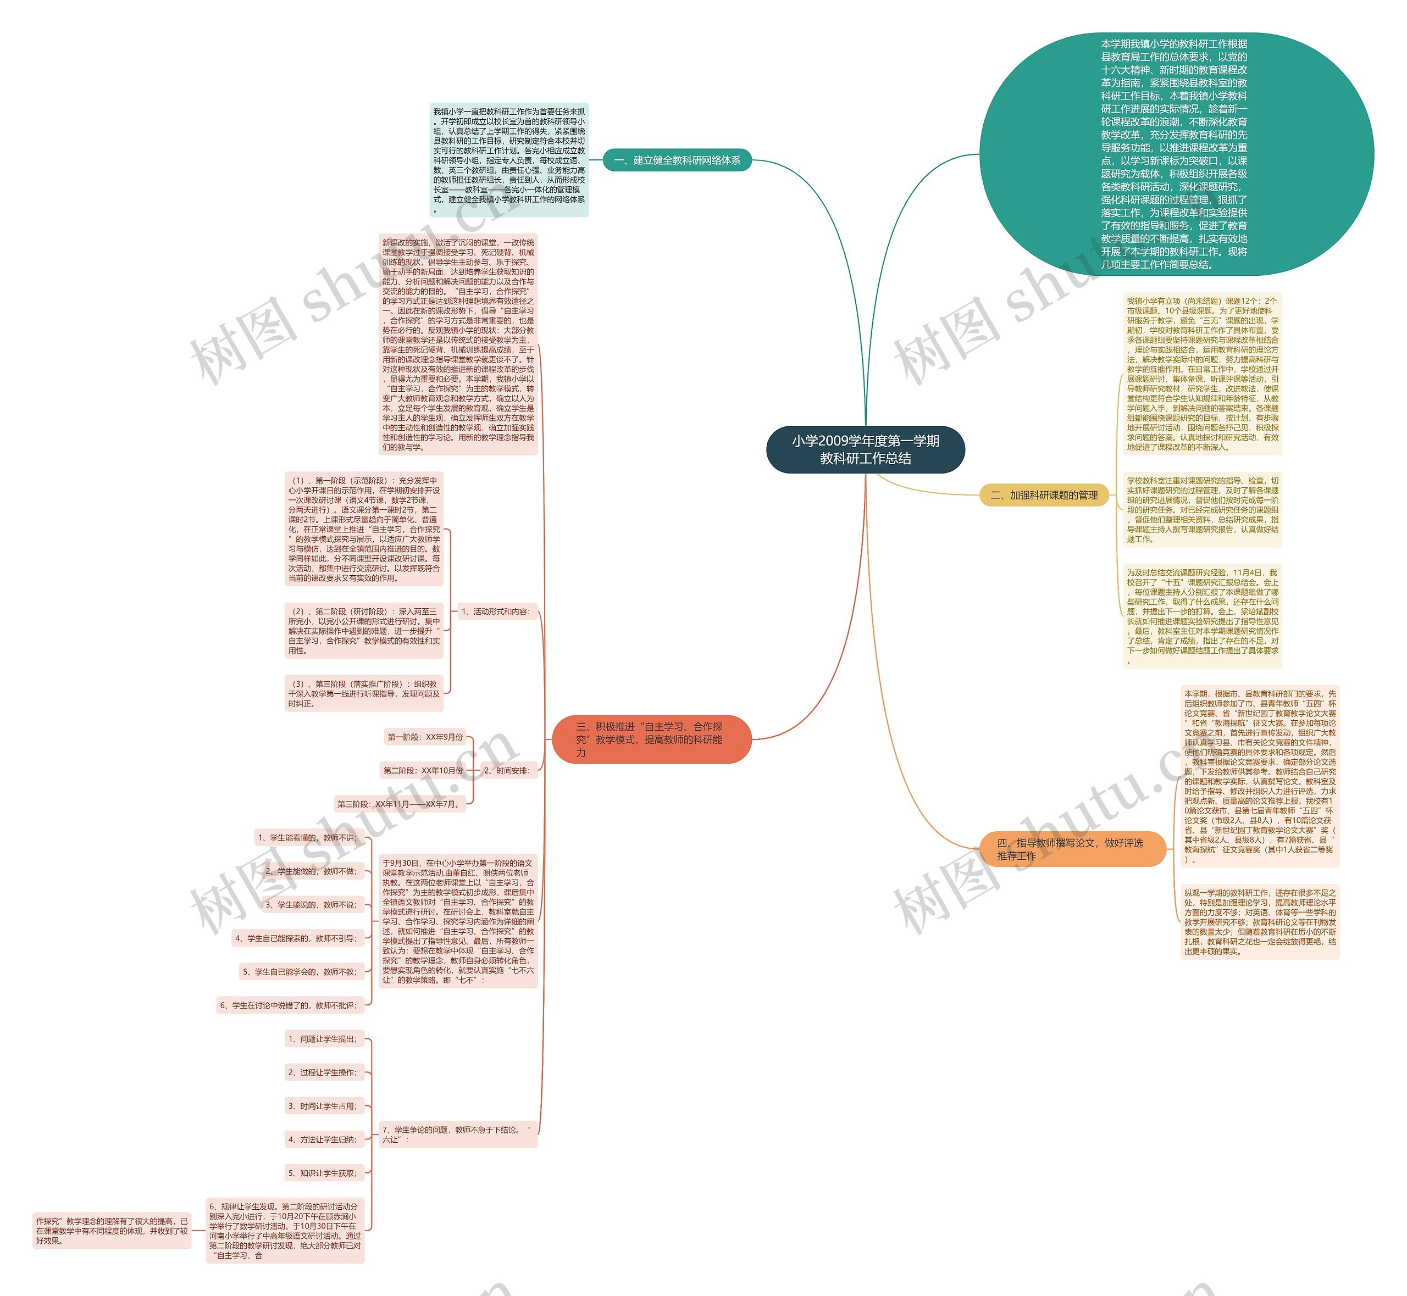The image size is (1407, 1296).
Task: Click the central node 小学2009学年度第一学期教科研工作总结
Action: pyautogui.click(x=865, y=449)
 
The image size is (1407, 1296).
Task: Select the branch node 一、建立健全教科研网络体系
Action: pyautogui.click(x=677, y=160)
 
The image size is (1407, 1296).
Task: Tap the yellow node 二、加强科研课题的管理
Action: pyautogui.click(x=1044, y=495)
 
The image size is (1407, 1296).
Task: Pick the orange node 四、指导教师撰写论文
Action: pyautogui.click(x=1072, y=849)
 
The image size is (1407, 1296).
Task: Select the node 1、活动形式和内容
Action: pyautogui.click(x=496, y=611)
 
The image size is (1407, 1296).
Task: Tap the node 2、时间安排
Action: pyautogui.click(x=507, y=771)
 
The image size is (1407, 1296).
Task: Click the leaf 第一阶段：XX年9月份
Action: pyautogui.click(x=425, y=737)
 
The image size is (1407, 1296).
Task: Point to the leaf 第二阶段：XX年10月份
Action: pyautogui.click(x=423, y=771)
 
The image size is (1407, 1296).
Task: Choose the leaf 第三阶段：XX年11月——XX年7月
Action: pyautogui.click(x=400, y=804)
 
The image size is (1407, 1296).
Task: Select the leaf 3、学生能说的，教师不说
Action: pyautogui.click(x=312, y=905)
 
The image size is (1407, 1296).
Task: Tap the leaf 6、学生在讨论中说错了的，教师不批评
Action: pyautogui.click(x=290, y=1006)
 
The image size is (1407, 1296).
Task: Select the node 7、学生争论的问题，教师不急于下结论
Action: pyautogui.click(x=458, y=1134)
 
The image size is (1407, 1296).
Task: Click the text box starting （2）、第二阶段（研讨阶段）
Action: pyautogui.click(x=364, y=631)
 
